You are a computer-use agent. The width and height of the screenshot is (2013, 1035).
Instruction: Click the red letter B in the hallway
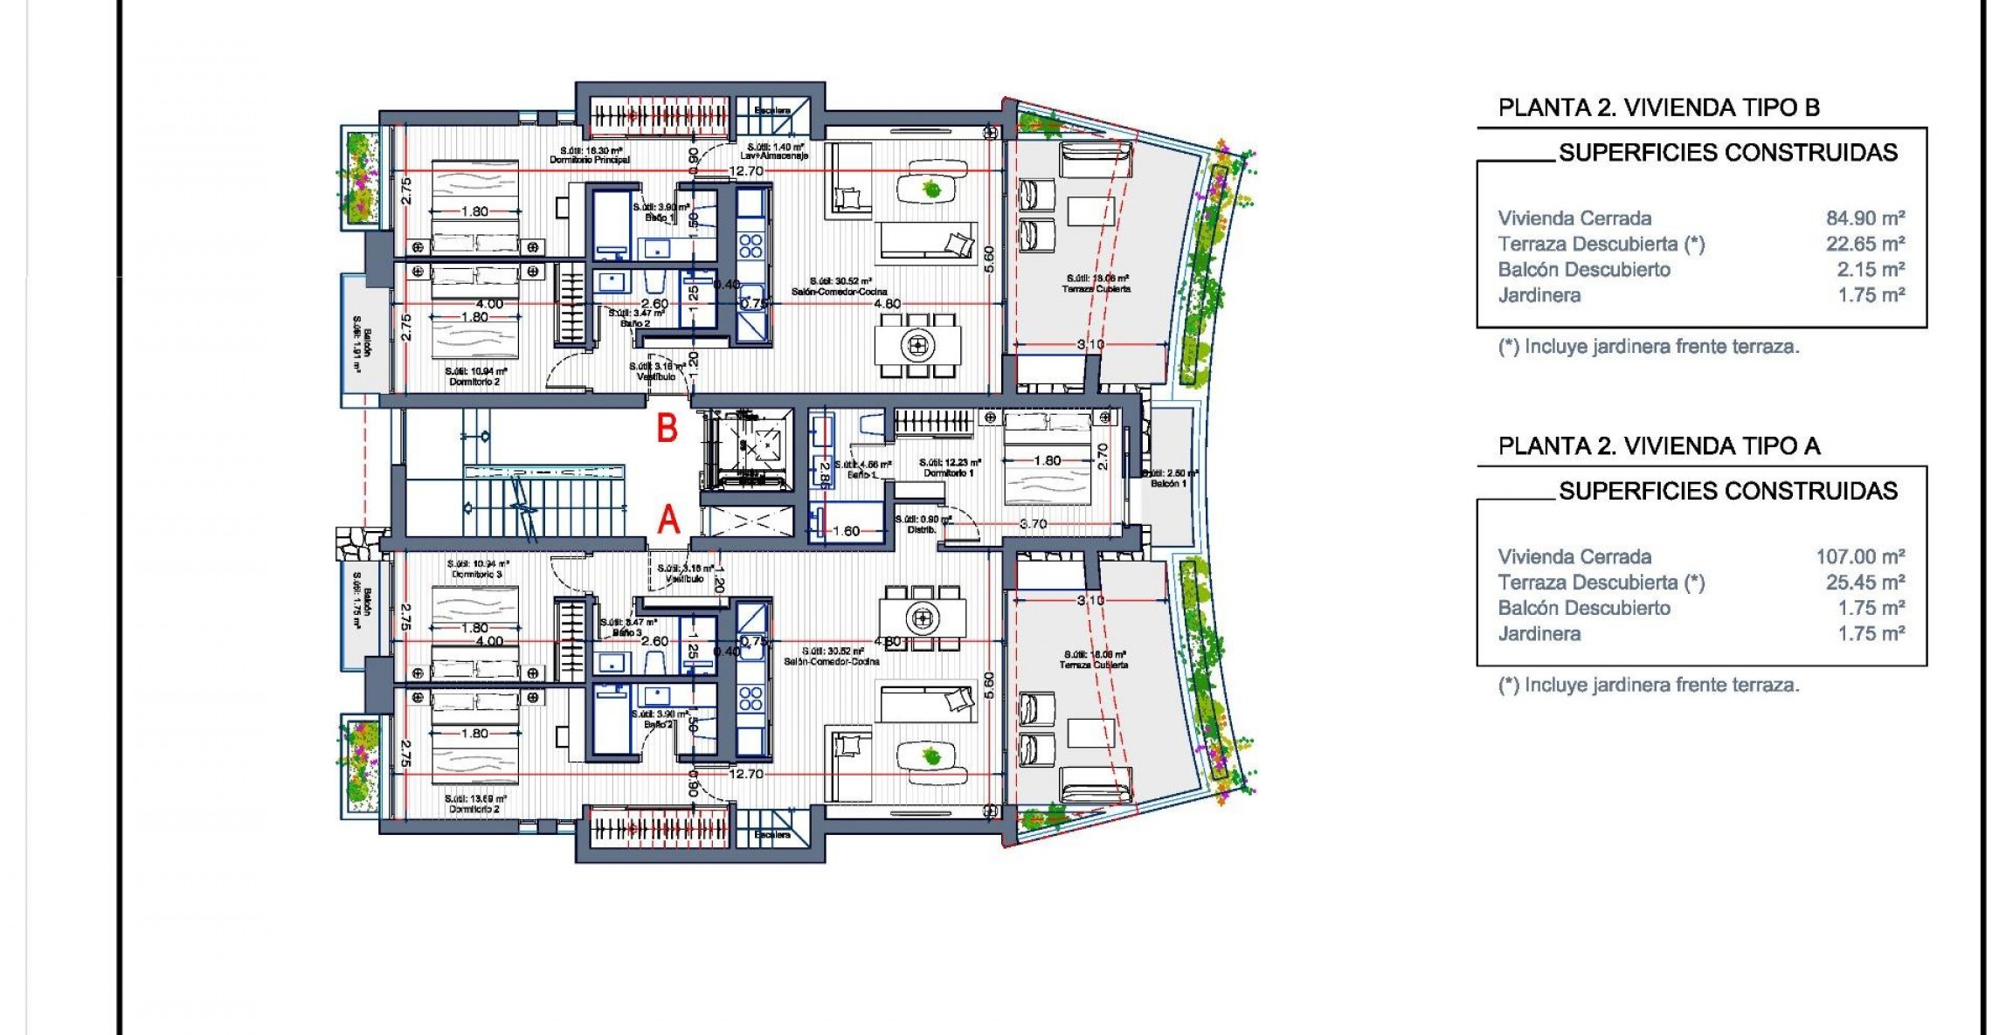(x=668, y=429)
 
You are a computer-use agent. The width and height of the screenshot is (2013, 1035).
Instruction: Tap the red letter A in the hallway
(x=668, y=520)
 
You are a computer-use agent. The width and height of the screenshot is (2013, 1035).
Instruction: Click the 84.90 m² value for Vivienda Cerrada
(x=1864, y=218)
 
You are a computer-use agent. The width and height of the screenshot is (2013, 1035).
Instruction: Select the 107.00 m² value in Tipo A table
(x=1859, y=556)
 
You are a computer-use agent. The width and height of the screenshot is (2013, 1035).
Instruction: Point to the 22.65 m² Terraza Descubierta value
(x=1864, y=244)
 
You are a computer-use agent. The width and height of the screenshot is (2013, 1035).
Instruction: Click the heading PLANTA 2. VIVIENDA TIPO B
(x=1658, y=107)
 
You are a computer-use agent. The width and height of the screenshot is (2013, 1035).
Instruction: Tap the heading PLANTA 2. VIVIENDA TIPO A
(x=1658, y=446)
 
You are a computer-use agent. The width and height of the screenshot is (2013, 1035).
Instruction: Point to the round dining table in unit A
(x=922, y=618)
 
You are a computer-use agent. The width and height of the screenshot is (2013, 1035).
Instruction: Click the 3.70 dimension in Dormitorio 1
(x=1033, y=524)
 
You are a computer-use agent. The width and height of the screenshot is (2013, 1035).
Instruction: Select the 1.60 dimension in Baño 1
(x=845, y=531)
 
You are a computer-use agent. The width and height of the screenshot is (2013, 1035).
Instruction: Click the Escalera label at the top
(x=772, y=111)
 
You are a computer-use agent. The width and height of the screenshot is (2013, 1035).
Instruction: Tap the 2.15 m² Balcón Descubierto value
(x=1870, y=269)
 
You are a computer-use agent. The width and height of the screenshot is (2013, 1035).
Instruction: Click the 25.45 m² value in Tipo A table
(x=1864, y=582)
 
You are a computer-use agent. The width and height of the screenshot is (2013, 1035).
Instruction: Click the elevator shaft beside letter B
(x=748, y=448)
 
